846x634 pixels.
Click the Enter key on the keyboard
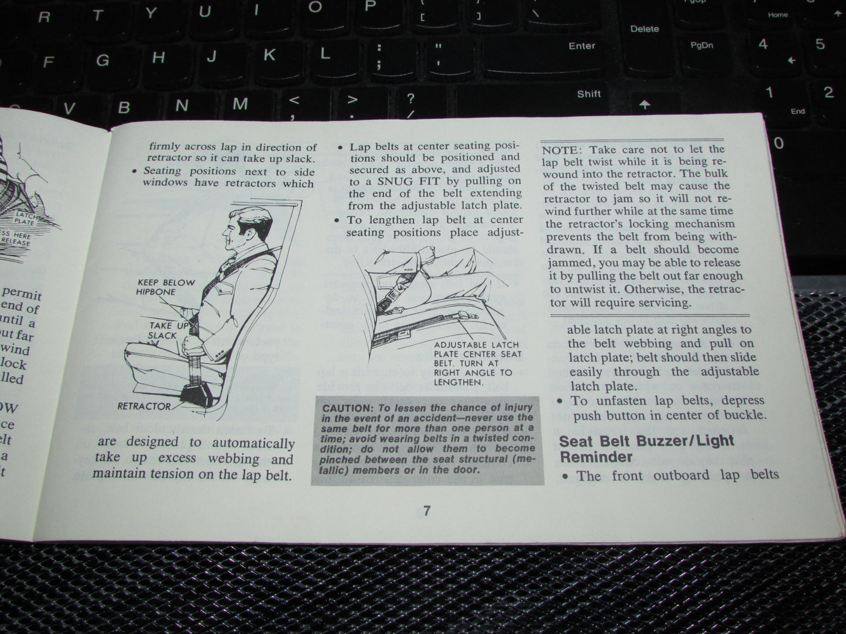(581, 46)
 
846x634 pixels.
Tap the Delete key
(644, 29)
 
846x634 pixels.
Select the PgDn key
(701, 46)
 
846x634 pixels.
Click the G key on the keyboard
(102, 60)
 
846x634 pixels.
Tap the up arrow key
(645, 105)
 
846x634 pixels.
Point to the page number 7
(427, 511)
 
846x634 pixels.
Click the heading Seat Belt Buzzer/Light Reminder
(646, 449)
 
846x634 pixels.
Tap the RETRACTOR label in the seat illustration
(144, 406)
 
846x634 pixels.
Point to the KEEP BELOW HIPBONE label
(166, 287)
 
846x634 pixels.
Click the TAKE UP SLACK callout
(162, 330)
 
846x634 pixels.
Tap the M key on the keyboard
(239, 104)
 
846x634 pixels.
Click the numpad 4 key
(762, 44)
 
